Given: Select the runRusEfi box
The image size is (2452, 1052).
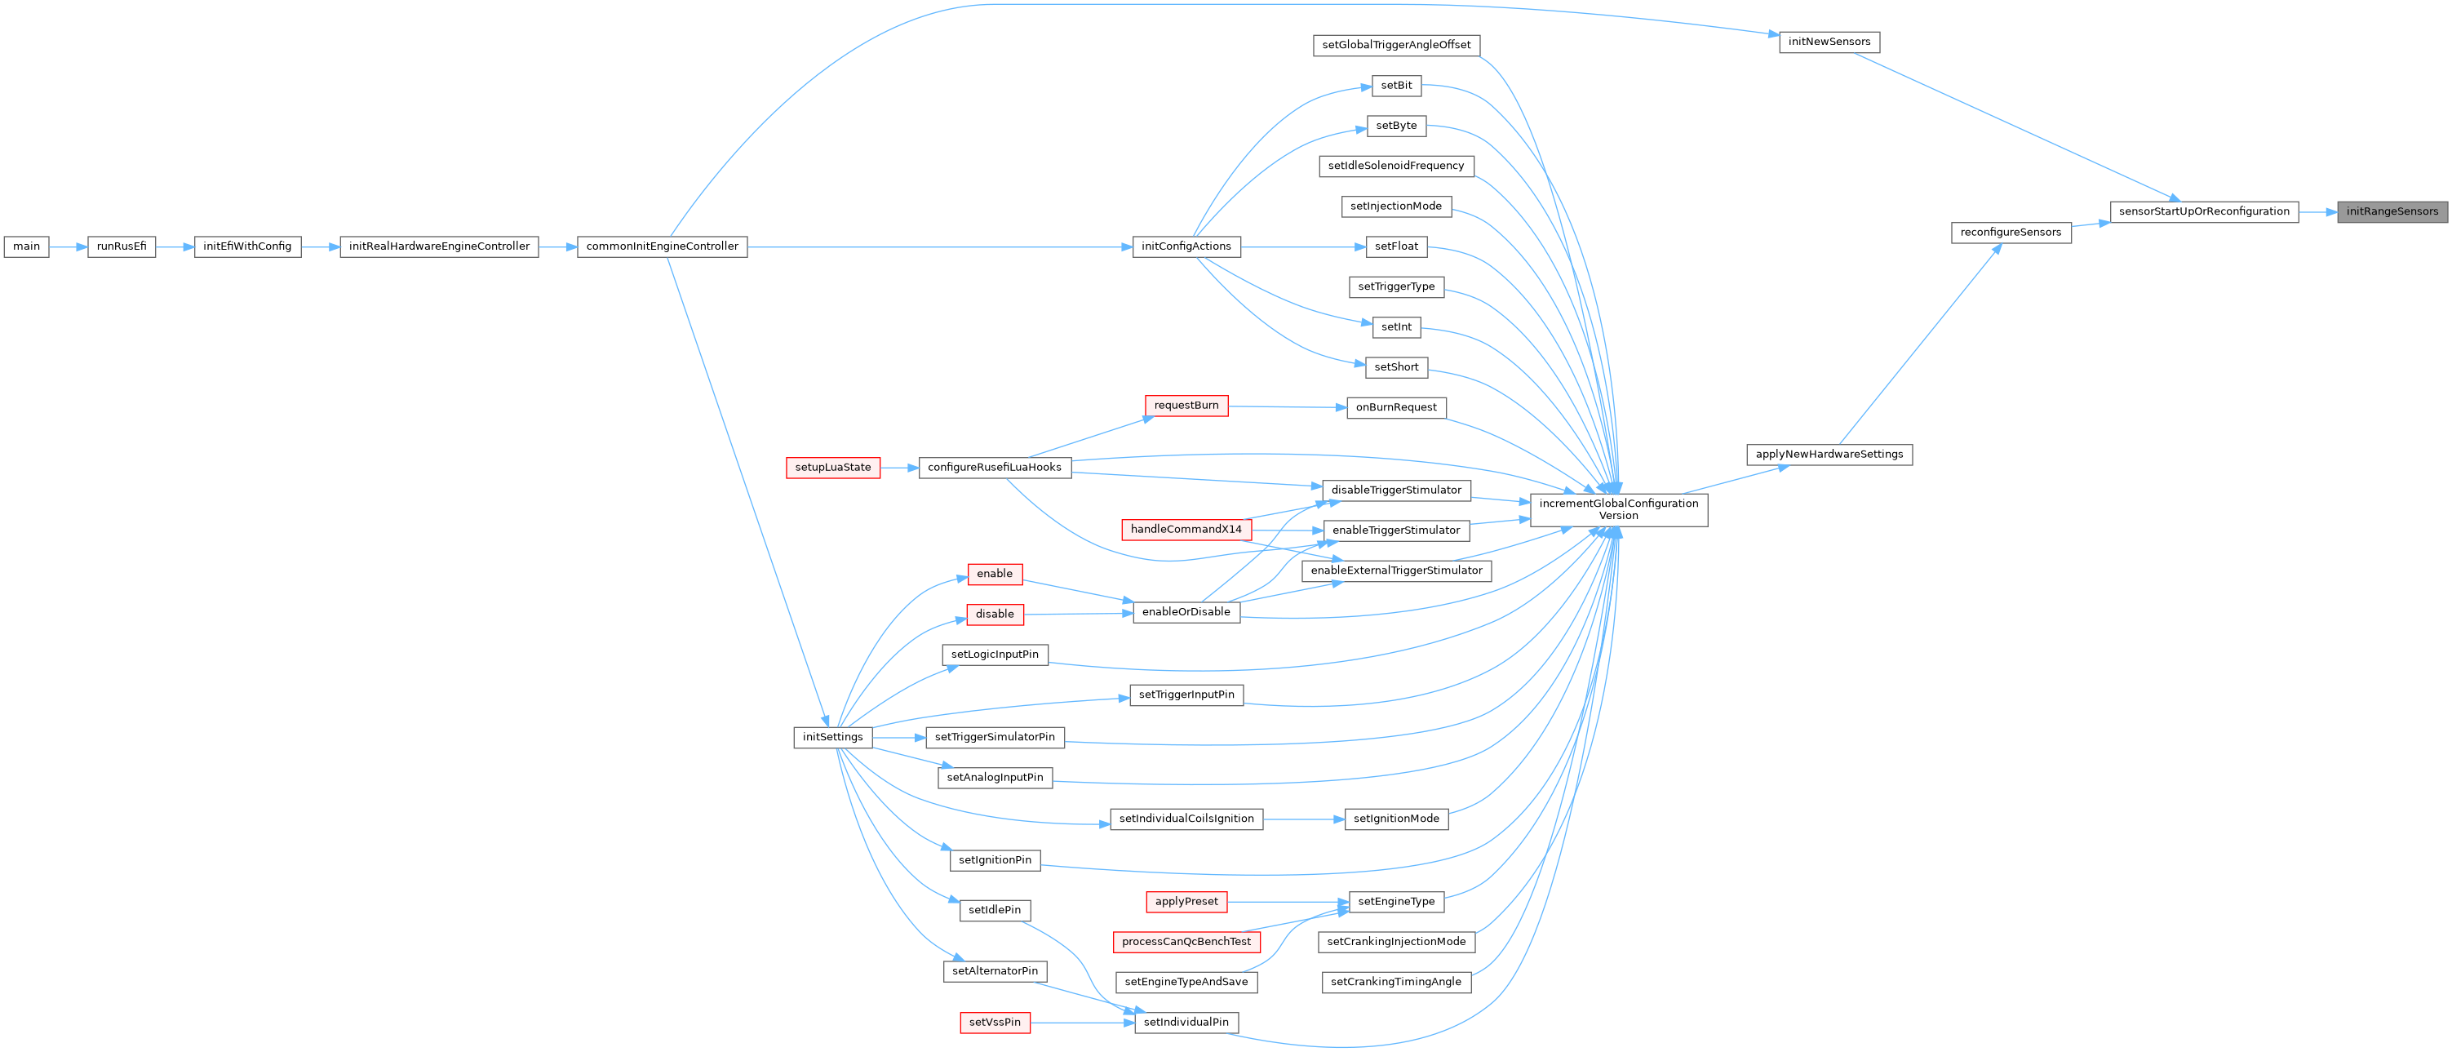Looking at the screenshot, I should pyautogui.click(x=122, y=246).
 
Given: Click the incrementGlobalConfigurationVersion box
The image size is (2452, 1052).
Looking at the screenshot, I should pyautogui.click(x=1618, y=509).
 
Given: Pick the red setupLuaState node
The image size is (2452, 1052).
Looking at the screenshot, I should pyautogui.click(x=833, y=468).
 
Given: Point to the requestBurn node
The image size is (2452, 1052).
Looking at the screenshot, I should pyautogui.click(x=1186, y=406).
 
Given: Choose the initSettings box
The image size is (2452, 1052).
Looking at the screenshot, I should pyautogui.click(x=832, y=737).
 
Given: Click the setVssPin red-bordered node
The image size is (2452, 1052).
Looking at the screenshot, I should pyautogui.click(x=995, y=1023).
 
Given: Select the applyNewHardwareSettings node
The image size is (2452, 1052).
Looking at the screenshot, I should pyautogui.click(x=1829, y=454).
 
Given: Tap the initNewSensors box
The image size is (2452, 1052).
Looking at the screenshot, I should pyautogui.click(x=1829, y=42).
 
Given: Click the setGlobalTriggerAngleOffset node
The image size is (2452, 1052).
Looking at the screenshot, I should pyautogui.click(x=1395, y=45).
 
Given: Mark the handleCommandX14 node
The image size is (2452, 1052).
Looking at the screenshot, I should pyautogui.click(x=1186, y=530).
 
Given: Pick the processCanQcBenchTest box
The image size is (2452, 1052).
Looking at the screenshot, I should pyautogui.click(x=1186, y=942).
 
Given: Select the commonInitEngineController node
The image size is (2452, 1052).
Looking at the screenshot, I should pyautogui.click(x=662, y=246).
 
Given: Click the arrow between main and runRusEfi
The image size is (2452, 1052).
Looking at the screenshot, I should pyautogui.click(x=68, y=246).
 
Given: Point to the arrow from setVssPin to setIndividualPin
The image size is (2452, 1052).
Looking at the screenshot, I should pyautogui.click(x=1082, y=1023).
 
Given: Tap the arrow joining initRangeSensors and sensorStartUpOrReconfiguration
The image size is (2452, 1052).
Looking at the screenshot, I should pyautogui.click(x=2318, y=211).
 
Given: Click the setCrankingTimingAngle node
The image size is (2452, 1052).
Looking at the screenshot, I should pyautogui.click(x=1395, y=982).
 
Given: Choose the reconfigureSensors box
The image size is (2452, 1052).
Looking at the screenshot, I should pyautogui.click(x=2011, y=233).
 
